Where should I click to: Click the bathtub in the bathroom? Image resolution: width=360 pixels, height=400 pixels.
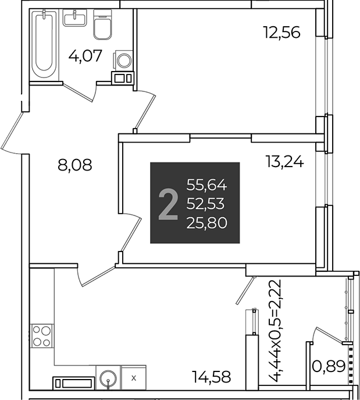point(44,43)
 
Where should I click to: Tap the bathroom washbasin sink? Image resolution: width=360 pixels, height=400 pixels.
point(74,18)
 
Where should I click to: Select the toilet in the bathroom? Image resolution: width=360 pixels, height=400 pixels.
point(102,24)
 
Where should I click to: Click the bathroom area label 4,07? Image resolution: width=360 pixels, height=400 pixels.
point(85,56)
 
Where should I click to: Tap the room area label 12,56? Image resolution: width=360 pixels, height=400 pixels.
point(282,33)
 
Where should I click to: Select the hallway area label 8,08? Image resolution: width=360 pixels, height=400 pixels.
point(74,165)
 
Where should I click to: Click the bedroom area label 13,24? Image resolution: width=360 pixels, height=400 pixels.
point(284,161)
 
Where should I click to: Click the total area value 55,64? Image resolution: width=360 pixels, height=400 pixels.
point(206,185)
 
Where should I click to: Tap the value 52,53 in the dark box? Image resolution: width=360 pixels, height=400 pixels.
point(205,204)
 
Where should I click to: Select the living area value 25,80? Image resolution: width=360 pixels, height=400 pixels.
point(206,223)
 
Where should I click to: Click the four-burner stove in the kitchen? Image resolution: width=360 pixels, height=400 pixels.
point(42,336)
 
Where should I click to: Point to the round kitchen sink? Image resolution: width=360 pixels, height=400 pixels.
point(108,377)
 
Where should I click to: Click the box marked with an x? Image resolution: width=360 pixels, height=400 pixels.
point(134,378)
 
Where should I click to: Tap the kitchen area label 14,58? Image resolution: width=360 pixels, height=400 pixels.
point(212,377)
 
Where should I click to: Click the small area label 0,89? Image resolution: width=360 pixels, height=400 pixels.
point(329,367)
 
